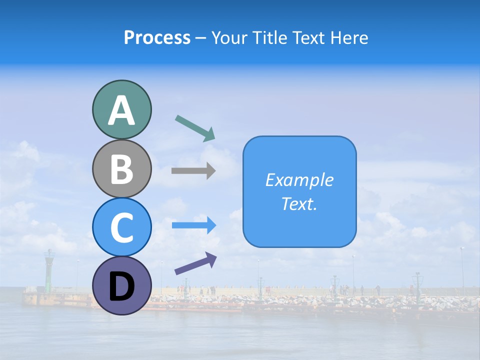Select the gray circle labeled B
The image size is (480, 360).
click(x=121, y=168)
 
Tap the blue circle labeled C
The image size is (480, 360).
click(x=121, y=227)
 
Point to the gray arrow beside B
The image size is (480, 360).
click(x=193, y=171)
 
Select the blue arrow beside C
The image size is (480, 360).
click(x=194, y=225)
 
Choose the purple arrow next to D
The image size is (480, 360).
click(x=195, y=263)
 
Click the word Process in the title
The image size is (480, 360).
click(x=157, y=38)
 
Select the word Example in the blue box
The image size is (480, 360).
click(x=299, y=180)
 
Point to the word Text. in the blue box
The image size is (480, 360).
click(x=299, y=204)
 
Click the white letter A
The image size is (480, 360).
click(x=121, y=110)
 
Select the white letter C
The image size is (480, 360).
click(x=121, y=228)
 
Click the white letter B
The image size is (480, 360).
click(x=121, y=169)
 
